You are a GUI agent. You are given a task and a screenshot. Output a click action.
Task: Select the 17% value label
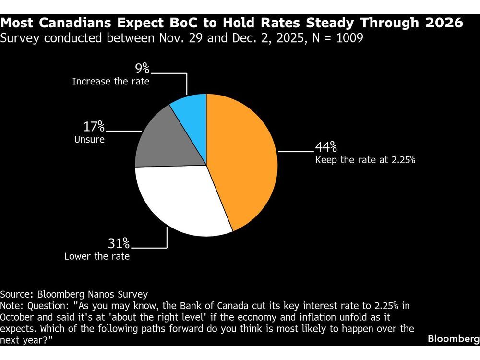tap(94, 127)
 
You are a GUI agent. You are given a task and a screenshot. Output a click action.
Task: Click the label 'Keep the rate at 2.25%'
tap(365, 160)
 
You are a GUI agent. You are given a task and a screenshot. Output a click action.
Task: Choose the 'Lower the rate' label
tap(97, 256)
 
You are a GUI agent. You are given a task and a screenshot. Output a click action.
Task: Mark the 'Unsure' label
tap(89, 140)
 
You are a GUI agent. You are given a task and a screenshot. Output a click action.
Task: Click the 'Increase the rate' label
tap(111, 82)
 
